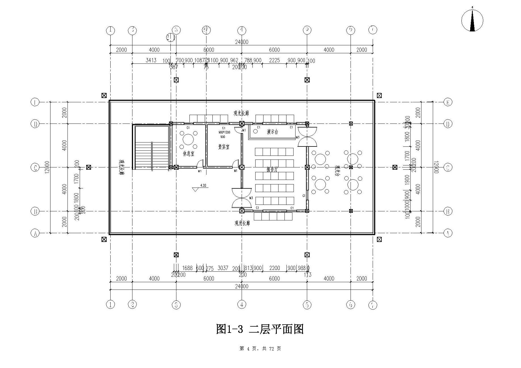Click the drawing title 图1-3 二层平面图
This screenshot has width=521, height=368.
[x=260, y=329]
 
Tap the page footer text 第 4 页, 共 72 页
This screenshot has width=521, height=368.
[x=260, y=349]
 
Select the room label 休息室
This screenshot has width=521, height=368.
[x=189, y=154]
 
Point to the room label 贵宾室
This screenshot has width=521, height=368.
[x=223, y=147]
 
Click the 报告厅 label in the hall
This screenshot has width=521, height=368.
[x=272, y=169]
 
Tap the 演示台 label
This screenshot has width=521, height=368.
[x=272, y=132]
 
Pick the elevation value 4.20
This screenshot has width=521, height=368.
[x=203, y=185]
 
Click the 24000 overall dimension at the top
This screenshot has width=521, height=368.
[x=242, y=42]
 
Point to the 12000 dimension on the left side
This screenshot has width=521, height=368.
[x=47, y=167]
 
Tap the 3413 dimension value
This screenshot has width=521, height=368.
[x=151, y=60]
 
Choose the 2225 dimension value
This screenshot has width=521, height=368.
[x=274, y=60]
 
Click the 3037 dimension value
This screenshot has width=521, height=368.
[x=223, y=268]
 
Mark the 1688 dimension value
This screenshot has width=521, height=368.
[x=187, y=268]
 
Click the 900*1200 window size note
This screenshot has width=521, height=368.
[x=224, y=132]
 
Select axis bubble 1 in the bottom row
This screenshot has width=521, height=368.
[x=110, y=305]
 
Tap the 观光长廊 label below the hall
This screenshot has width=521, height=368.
[x=242, y=223]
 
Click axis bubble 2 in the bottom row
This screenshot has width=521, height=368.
[x=132, y=305]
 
